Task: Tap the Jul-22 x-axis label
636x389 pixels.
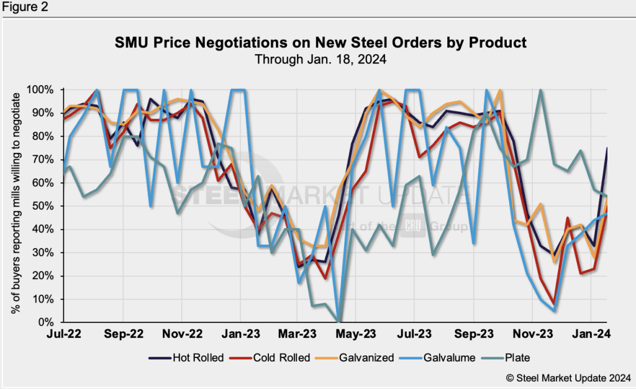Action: (x=64, y=334)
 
